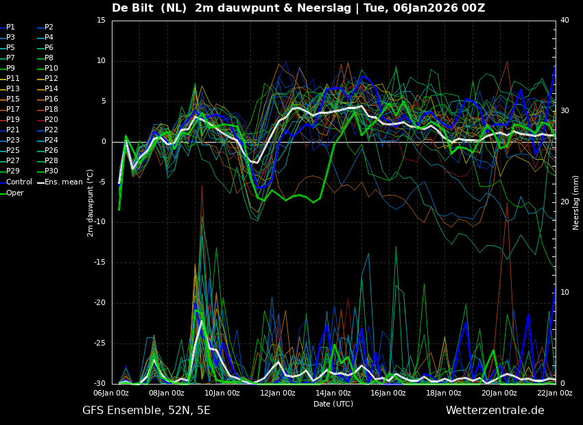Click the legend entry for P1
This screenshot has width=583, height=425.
(8, 27)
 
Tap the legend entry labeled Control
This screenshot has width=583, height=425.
(16, 182)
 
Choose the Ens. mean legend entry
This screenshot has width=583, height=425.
(60, 182)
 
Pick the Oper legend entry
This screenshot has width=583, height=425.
(12, 193)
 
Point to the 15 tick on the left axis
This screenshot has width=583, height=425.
(101, 20)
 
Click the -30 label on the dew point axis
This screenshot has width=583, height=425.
(99, 383)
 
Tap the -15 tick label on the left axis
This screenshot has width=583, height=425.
(99, 263)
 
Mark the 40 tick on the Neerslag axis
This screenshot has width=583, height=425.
(564, 20)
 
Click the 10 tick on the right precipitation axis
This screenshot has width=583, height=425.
(564, 293)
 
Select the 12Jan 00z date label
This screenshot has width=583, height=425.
(278, 393)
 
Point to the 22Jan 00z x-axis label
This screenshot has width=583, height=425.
(555, 393)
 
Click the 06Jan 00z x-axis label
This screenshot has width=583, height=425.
(112, 393)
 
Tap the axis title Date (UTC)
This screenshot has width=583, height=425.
(333, 404)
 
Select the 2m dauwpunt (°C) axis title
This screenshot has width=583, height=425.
(90, 203)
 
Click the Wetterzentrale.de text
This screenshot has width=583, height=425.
(495, 411)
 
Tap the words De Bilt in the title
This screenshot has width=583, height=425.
(132, 8)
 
